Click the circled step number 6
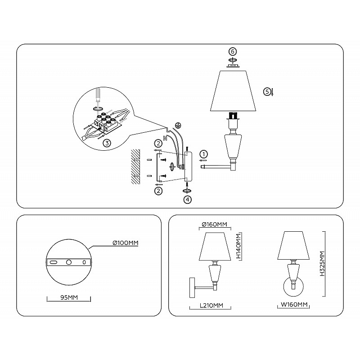click(x=233, y=52)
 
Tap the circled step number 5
click(x=267, y=92)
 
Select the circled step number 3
click(x=107, y=143)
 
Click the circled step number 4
click(x=188, y=199)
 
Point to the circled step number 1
click(x=204, y=154)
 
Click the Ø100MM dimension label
click(x=126, y=243)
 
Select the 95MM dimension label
click(x=69, y=297)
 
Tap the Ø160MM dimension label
click(x=215, y=224)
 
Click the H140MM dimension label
click(x=239, y=246)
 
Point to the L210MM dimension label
click(x=211, y=306)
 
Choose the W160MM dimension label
click(x=294, y=305)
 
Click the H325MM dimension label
click(x=322, y=264)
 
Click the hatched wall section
click(x=135, y=166)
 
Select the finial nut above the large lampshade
click(x=233, y=66)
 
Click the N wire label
click(x=165, y=138)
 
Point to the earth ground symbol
click(x=177, y=125)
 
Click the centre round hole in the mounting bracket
click(x=69, y=262)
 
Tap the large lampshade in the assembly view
click(x=233, y=91)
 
